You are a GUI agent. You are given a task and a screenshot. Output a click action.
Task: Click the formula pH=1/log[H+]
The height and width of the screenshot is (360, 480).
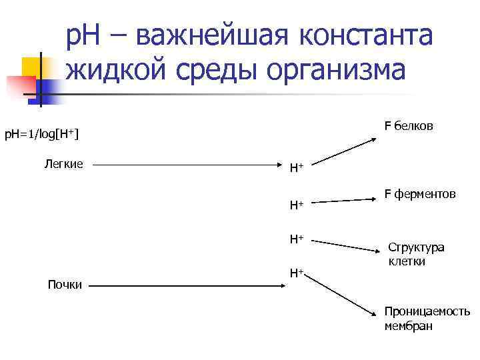[x=42, y=135]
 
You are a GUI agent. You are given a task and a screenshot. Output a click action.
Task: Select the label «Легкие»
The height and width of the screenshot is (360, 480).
[x=64, y=163]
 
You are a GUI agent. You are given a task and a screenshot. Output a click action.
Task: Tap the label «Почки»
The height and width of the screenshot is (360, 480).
[x=65, y=285]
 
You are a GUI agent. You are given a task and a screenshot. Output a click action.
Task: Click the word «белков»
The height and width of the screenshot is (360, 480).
[x=413, y=125]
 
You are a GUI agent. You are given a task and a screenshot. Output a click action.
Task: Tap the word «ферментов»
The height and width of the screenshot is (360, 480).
[x=424, y=194]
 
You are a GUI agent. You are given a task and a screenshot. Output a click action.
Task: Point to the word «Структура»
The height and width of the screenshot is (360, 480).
[x=416, y=248]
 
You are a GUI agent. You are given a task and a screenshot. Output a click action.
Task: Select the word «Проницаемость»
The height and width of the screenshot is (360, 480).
[x=427, y=312]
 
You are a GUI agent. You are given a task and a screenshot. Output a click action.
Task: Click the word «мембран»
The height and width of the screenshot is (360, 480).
[x=408, y=326]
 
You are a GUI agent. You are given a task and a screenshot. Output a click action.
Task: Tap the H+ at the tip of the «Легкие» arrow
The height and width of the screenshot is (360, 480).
[x=296, y=168]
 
